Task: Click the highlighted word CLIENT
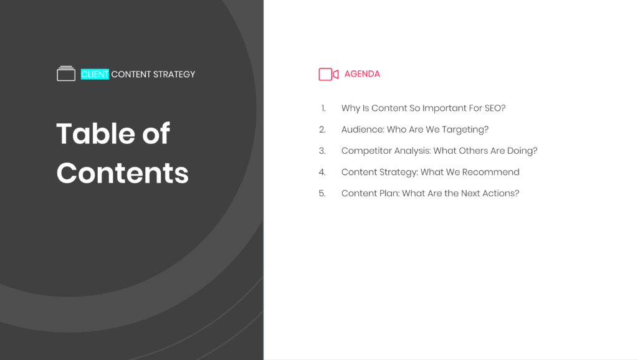coord(95,74)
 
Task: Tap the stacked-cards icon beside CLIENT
coord(66,73)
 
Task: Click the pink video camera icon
coord(328,74)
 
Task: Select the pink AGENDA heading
coord(362,73)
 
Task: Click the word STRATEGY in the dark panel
coord(174,74)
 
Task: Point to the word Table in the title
coord(97,133)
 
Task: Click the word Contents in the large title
coord(123,173)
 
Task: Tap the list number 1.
coord(323,108)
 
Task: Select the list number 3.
coord(322,151)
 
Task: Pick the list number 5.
coord(322,193)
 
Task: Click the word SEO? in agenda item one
coord(495,108)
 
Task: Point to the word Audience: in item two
coord(363,130)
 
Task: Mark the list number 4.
coord(322,172)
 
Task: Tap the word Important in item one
coord(444,108)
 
